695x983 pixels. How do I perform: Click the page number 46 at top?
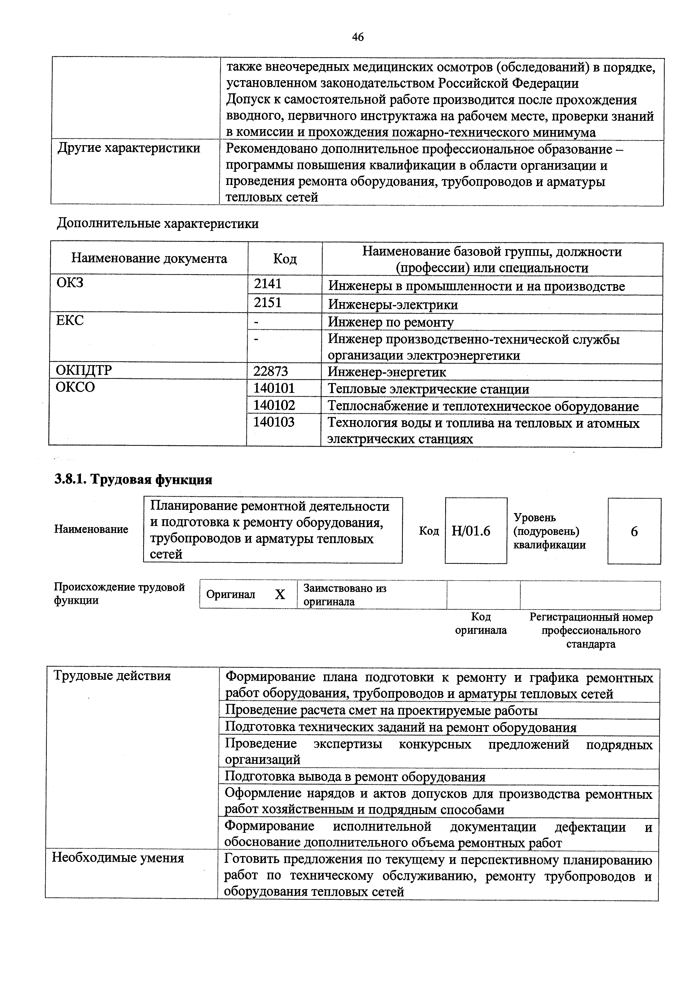358,37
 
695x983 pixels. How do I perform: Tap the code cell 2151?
268,303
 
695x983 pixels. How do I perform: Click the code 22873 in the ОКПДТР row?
271,371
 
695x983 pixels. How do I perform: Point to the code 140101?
274,388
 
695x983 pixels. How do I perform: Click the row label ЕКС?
70,320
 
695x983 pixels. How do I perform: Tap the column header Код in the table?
285,259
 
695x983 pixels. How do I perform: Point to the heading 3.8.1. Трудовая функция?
133,479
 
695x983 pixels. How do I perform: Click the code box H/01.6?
471,531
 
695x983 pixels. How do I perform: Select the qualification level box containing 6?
634,531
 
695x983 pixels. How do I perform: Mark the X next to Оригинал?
280,594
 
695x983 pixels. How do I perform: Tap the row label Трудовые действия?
112,676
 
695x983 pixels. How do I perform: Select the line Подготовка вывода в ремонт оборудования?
355,777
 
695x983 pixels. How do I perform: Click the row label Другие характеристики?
129,148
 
